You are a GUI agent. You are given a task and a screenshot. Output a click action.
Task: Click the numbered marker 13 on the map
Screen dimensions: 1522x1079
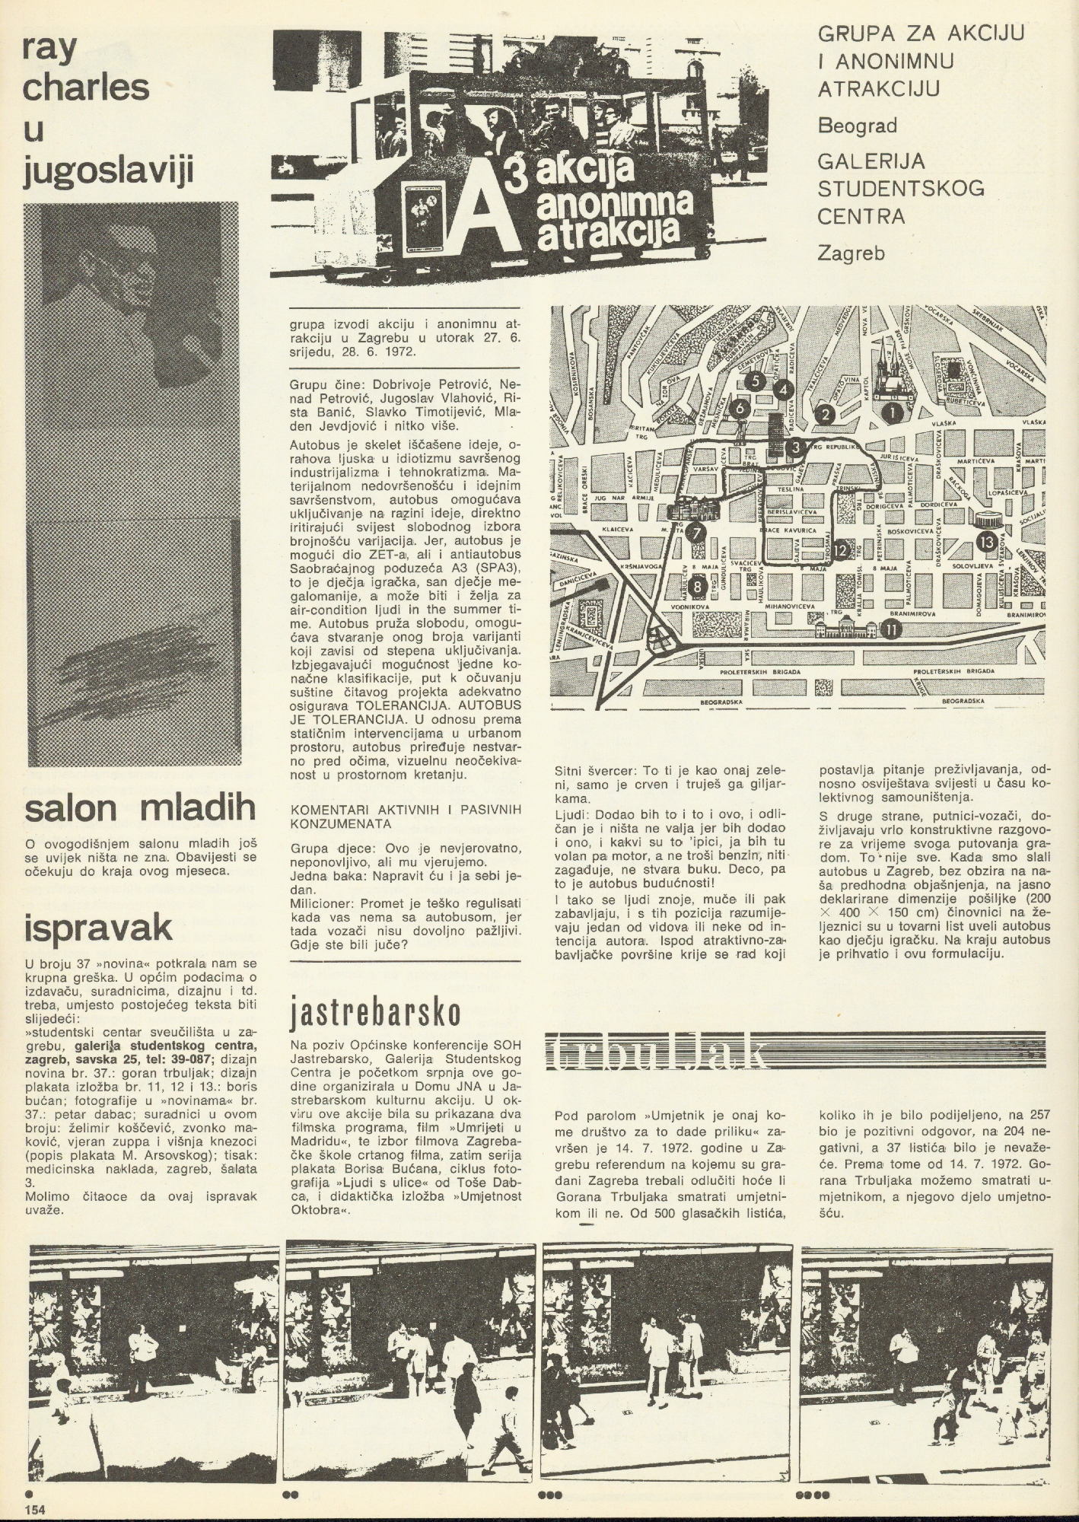pyautogui.click(x=986, y=543)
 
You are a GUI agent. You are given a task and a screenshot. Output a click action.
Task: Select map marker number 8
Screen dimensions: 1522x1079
pyautogui.click(x=698, y=587)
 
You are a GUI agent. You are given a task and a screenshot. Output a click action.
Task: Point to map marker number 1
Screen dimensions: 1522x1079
pyautogui.click(x=892, y=412)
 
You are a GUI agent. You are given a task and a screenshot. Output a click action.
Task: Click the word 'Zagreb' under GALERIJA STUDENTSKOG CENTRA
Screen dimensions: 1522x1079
pyautogui.click(x=851, y=253)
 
